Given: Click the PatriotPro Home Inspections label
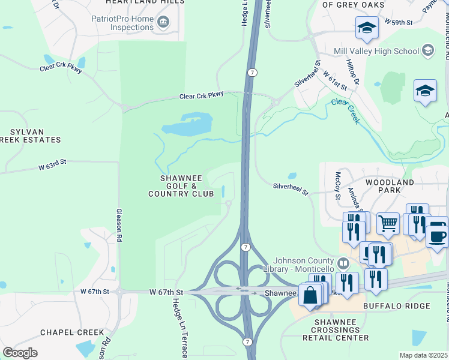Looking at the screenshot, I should [x=122, y=23].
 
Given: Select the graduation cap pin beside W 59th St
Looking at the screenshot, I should [x=367, y=27].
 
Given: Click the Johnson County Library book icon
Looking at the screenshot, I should [x=343, y=263].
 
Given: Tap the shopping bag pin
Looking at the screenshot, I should [x=310, y=296].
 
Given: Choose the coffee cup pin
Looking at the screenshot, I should [x=438, y=233].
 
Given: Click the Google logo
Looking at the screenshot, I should [x=20, y=352].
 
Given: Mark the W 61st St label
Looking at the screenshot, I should [x=336, y=80].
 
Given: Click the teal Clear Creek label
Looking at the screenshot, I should [x=346, y=111].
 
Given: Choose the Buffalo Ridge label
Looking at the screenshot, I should [x=397, y=306].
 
